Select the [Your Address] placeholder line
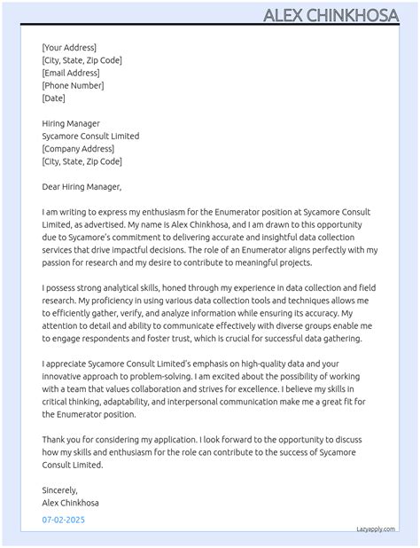(x=69, y=47)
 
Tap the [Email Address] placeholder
(x=70, y=73)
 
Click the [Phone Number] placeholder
(x=73, y=85)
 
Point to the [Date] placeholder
(x=53, y=98)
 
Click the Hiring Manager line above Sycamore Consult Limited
(x=71, y=123)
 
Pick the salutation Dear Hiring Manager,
(x=82, y=187)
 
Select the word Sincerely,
(x=60, y=489)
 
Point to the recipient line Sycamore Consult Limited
(x=90, y=137)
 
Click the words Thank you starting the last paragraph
(x=62, y=439)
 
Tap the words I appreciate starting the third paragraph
(x=68, y=364)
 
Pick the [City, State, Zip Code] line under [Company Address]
(x=82, y=161)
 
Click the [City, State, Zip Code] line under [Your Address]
(x=82, y=60)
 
